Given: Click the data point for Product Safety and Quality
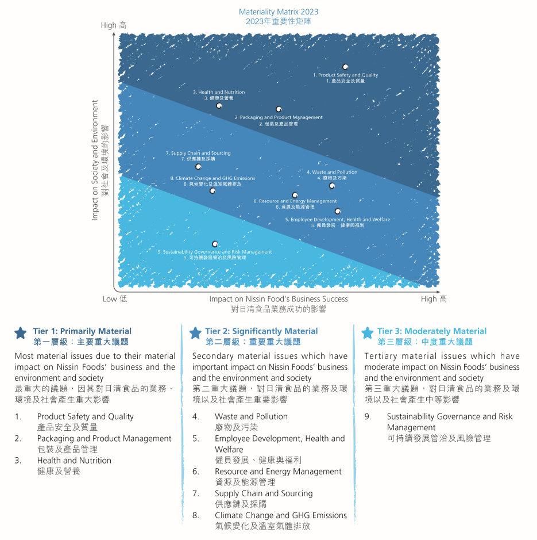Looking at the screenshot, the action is point(345,67).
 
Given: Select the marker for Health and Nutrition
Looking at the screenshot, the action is point(219,105).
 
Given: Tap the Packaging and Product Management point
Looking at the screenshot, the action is point(279,109).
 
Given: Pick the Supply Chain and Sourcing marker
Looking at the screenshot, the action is point(198,167).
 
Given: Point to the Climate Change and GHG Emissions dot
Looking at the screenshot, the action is point(213,190).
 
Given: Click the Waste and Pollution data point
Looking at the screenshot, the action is point(332,186).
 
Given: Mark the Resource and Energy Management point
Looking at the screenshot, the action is point(295,196).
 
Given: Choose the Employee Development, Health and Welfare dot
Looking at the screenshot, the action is point(338,211).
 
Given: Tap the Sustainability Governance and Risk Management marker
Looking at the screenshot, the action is point(215,244).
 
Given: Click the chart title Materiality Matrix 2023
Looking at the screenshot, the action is point(279,12).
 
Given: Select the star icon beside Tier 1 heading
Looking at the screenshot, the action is point(21,332).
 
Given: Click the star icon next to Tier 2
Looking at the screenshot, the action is point(195,332).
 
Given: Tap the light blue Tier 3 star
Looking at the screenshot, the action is point(368,332).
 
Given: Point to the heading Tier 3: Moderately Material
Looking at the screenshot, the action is point(432,331).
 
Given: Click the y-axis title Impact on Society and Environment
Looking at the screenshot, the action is point(95,160).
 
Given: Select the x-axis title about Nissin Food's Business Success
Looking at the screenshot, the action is point(279,299).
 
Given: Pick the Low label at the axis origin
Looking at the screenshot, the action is point(110,299).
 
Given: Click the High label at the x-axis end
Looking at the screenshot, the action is point(428,299).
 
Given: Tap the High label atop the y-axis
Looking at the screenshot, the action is point(109,25).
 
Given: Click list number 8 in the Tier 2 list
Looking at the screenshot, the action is point(195,515).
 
